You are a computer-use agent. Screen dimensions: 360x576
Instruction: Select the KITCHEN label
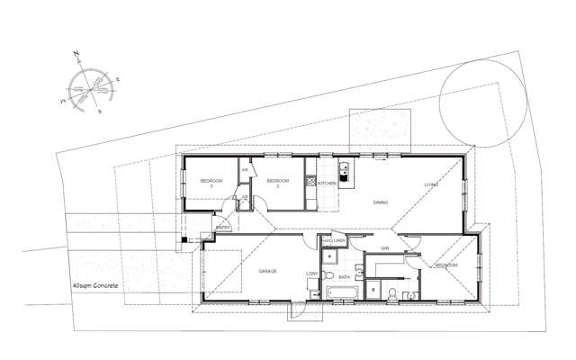click(327, 184)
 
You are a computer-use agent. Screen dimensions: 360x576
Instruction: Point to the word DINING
click(380, 202)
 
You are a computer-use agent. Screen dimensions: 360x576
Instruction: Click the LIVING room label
click(431, 185)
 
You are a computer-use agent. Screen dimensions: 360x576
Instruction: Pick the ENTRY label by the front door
click(223, 228)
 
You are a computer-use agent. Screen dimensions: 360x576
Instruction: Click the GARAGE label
click(267, 271)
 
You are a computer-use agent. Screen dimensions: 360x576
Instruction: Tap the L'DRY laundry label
click(313, 273)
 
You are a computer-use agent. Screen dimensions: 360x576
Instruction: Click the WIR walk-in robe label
click(384, 247)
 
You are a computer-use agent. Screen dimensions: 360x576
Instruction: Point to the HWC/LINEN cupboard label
click(333, 241)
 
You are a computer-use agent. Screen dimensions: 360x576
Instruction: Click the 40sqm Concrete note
click(95, 285)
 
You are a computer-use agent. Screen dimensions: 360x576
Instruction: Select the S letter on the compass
click(100, 112)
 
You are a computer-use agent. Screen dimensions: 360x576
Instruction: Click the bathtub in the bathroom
click(340, 292)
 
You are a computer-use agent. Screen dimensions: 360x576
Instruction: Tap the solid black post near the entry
click(184, 240)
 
